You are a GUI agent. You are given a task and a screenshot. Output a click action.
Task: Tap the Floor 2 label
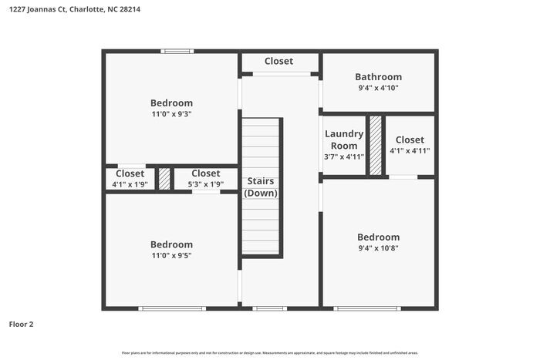22,325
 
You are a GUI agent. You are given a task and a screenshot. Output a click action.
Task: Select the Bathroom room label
378,77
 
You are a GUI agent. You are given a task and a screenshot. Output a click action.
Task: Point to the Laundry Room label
343,140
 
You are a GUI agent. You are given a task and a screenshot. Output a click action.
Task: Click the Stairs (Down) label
261,187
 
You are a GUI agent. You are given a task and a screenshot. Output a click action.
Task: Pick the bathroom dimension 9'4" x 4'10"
378,88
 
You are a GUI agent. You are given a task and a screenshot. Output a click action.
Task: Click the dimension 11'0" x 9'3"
171,114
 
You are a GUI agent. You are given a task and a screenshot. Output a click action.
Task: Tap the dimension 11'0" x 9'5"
171,256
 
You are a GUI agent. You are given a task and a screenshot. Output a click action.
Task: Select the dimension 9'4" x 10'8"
378,248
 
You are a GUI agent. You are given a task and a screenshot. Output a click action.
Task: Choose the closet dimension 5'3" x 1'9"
205,184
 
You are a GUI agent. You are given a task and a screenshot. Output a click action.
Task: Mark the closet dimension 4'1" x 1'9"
130,184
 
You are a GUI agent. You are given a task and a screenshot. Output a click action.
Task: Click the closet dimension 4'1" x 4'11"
410,151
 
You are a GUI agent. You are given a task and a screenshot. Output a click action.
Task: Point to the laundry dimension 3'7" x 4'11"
343,156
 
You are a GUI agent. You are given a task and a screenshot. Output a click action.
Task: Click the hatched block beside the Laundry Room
375,145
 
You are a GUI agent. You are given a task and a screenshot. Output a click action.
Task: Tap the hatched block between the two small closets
164,179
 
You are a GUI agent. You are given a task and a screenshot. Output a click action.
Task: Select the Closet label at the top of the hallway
278,61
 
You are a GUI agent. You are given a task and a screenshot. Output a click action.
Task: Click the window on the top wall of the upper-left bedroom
177,52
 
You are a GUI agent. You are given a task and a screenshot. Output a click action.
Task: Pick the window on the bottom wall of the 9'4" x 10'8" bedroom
367,308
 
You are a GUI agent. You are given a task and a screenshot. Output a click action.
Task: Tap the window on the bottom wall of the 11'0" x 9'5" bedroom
172,308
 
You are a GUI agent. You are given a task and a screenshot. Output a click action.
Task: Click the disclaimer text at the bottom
270,352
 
